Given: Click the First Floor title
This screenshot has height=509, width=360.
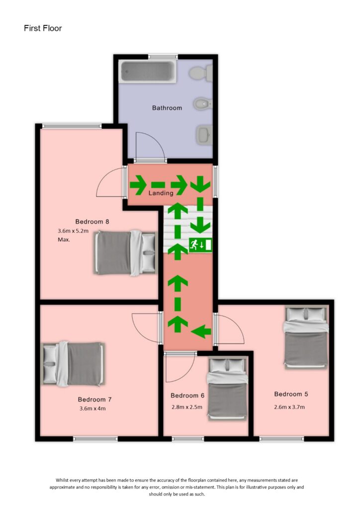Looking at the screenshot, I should coord(43,28).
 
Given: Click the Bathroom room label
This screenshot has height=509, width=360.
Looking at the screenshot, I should coord(167,107).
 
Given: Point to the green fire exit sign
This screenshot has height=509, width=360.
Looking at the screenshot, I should coord(200,245).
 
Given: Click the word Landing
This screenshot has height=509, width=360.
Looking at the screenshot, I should coord(161,193).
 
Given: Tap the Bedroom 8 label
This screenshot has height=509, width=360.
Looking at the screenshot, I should coord(92,222).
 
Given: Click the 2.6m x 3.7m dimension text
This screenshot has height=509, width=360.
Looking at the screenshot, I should coord(289,407).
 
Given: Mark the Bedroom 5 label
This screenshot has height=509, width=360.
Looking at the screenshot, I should coord(291,394).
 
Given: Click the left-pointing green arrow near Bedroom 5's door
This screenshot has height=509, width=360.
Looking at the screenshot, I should coord(201,330).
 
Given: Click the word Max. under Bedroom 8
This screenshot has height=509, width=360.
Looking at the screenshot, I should coord(64,240).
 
